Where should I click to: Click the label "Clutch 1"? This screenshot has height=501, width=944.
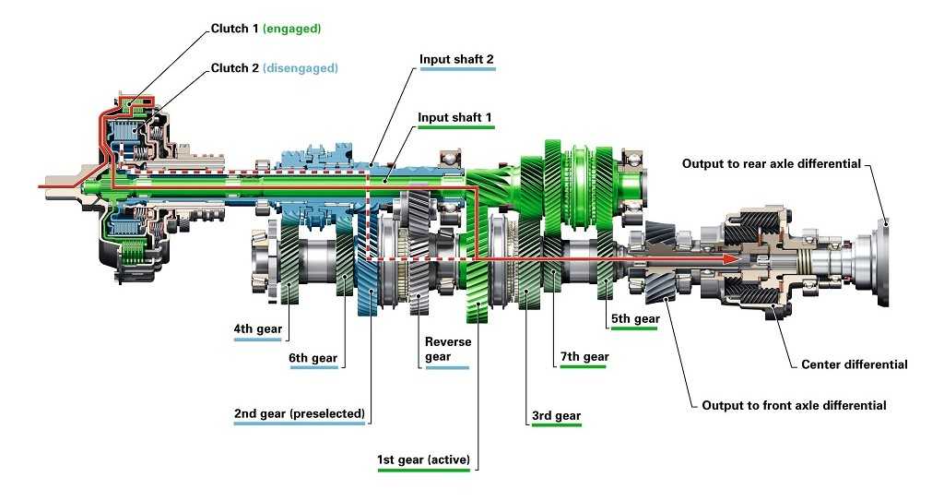235,29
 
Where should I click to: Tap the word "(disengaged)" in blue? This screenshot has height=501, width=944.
301,68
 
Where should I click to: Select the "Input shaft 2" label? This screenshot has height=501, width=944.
456,59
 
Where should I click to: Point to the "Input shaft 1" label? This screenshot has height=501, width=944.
454,117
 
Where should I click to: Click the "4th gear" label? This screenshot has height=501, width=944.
258,328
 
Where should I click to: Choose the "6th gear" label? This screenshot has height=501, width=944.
313,357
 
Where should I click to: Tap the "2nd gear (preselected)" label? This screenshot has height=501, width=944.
300,413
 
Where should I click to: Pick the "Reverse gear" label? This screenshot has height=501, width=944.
447,349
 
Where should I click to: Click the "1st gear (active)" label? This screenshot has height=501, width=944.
423,459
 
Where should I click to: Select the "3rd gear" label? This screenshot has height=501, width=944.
556,415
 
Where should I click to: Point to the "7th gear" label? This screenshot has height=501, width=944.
584,356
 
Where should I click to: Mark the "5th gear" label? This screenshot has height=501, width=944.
635,318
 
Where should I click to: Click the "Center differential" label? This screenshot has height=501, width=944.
855,364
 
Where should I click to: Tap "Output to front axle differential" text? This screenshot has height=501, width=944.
794,405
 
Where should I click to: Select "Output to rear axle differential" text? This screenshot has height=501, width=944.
772,163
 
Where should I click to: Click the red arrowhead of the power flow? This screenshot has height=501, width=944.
731,258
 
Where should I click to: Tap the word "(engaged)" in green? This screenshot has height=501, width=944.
292,29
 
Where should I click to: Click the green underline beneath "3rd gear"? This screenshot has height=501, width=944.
557,425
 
